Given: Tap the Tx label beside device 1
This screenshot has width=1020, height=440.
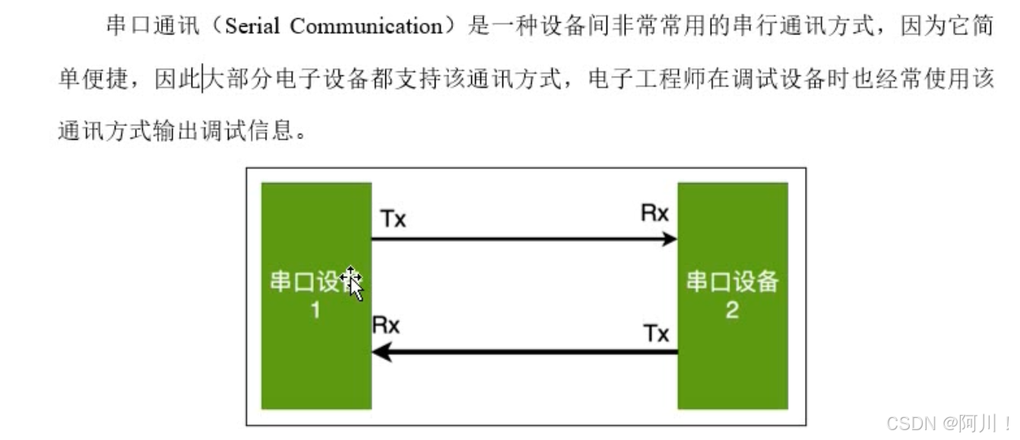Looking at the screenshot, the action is (x=393, y=220).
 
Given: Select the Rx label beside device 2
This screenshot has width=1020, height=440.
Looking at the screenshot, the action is (x=654, y=214).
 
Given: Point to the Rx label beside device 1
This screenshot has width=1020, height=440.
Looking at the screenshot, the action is (x=385, y=325).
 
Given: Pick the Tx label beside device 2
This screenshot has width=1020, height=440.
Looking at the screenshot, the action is (x=656, y=334).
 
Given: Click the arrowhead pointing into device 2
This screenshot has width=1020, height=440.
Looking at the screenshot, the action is (x=669, y=239).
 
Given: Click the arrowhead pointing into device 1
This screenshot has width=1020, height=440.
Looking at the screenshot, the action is (x=381, y=352).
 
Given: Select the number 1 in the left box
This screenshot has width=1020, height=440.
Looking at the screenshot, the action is (x=315, y=310).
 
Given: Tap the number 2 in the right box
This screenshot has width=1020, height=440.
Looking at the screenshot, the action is (x=732, y=310).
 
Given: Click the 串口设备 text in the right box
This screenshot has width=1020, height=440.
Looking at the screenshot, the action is (x=732, y=283).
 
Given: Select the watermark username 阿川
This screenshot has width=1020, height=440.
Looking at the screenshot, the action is (x=980, y=423).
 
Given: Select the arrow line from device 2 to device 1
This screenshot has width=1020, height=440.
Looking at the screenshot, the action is (x=532, y=352).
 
